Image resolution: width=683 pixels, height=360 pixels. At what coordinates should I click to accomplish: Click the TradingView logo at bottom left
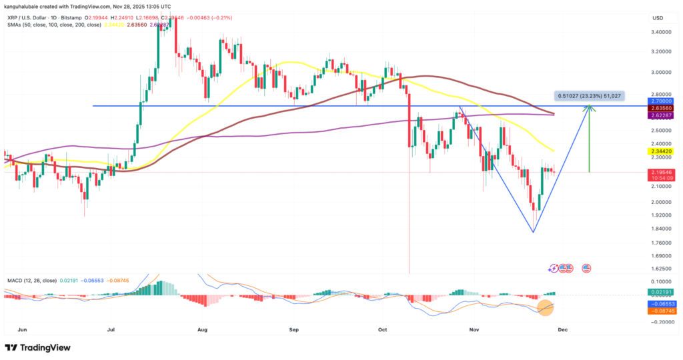click(39, 348)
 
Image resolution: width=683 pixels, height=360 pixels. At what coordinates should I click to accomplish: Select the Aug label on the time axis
click(203, 329)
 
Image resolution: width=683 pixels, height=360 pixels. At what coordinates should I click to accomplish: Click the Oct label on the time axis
click(382, 329)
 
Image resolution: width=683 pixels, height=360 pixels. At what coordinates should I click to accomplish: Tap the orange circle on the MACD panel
click(546, 307)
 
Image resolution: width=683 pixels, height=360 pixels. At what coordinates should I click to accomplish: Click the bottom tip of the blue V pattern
click(533, 232)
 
